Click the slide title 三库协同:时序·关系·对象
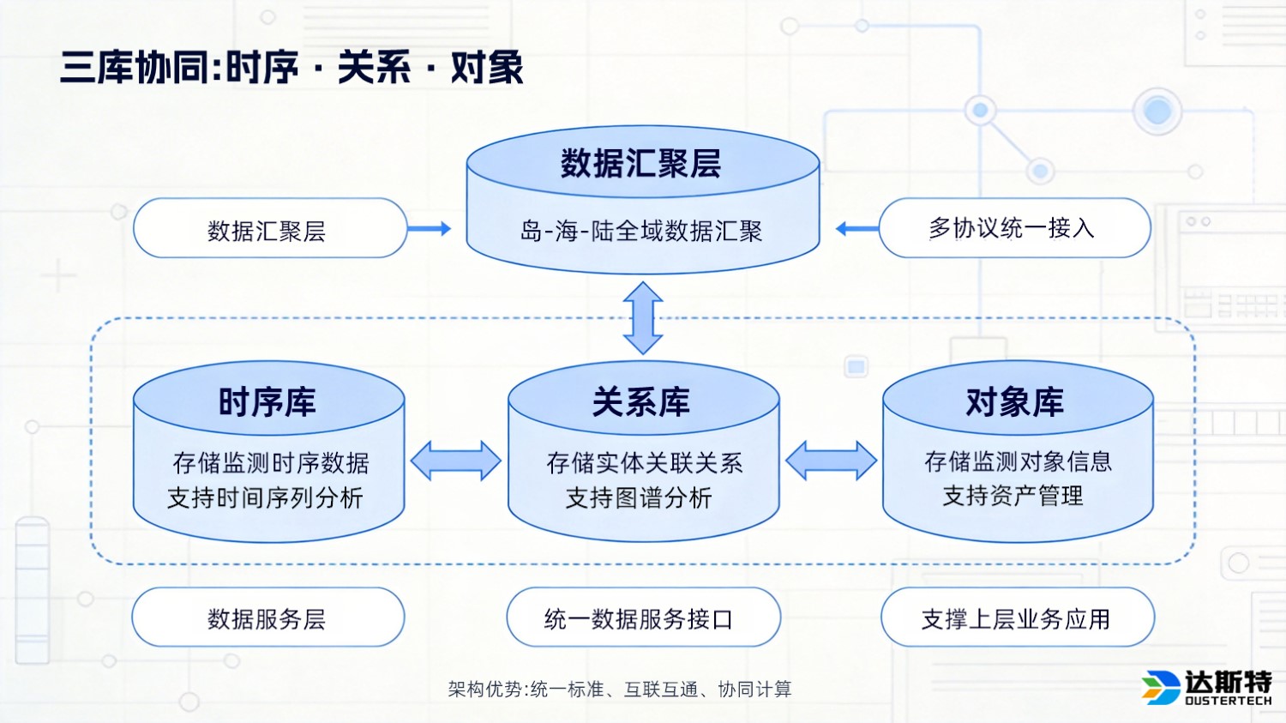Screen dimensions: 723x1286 click(291, 68)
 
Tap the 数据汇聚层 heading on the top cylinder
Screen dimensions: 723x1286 click(641, 163)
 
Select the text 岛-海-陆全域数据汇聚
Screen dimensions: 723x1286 click(641, 231)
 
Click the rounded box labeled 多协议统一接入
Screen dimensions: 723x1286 click(1014, 228)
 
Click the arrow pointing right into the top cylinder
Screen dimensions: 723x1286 click(429, 228)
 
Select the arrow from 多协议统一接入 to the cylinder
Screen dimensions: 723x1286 click(856, 228)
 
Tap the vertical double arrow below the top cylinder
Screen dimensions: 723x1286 click(643, 317)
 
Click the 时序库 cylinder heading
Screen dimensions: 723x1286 click(267, 401)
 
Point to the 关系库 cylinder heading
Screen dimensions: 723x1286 click(642, 401)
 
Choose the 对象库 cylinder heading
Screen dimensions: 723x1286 click(1015, 401)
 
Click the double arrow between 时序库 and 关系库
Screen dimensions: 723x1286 click(456, 461)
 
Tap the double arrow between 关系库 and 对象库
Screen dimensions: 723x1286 click(831, 461)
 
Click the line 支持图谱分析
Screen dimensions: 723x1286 click(639, 497)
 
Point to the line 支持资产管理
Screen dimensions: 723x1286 click(1013, 496)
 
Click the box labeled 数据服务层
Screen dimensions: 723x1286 click(267, 618)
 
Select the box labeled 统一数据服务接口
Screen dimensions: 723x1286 click(642, 618)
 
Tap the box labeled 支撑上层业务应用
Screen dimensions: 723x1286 click(1017, 618)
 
